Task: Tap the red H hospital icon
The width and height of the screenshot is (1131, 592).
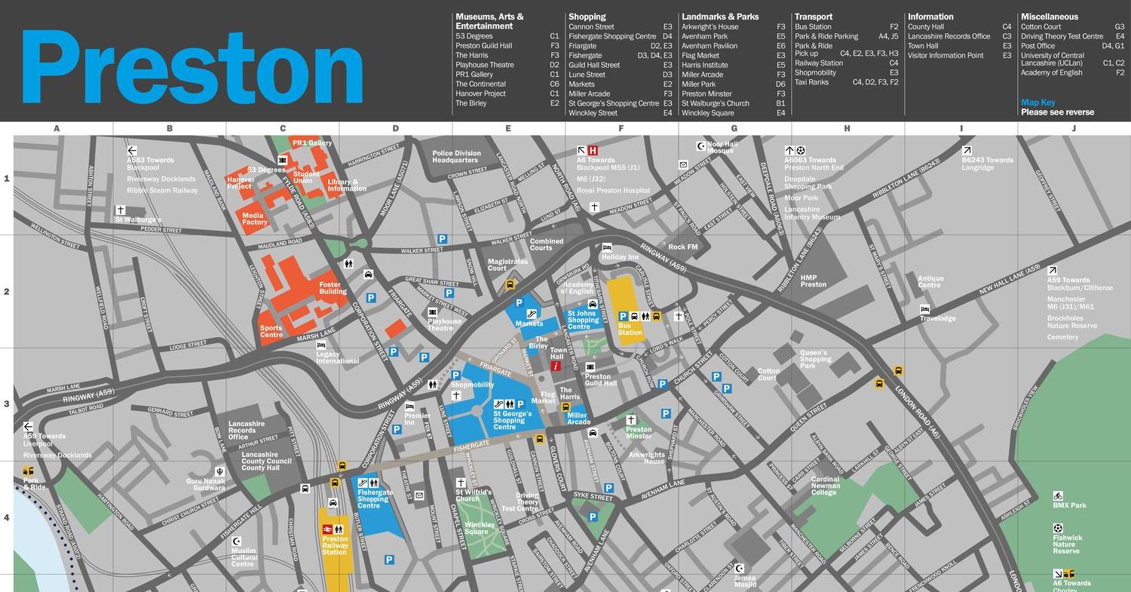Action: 593,150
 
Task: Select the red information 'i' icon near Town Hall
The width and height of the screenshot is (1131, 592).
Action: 556,367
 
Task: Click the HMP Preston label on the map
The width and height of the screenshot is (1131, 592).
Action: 814,281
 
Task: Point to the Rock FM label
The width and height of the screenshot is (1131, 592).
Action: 682,247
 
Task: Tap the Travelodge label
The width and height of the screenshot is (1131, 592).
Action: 937,318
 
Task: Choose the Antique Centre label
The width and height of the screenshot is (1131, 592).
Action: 930,281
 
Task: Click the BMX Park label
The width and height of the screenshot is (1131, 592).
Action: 1069,505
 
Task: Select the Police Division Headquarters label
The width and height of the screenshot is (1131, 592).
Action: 456,156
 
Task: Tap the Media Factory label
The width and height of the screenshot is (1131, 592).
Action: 255,219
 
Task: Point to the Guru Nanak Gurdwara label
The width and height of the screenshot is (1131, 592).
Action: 206,484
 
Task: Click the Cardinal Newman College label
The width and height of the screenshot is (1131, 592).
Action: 825,486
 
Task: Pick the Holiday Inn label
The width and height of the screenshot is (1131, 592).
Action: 620,257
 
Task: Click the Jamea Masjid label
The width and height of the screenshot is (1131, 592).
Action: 745,581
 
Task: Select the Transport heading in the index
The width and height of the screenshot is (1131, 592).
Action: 814,17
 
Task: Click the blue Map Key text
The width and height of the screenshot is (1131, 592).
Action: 1038,103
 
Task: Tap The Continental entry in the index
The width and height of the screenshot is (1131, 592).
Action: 480,84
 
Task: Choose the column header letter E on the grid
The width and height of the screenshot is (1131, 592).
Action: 508,128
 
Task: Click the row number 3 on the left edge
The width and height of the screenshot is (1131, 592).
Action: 7,404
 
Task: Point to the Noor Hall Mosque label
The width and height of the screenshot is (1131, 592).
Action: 722,147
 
